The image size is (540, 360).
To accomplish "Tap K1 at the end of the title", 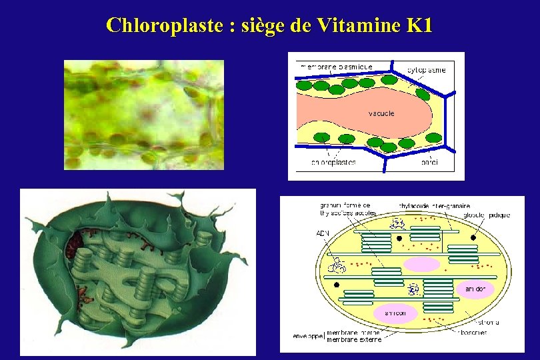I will (418, 25).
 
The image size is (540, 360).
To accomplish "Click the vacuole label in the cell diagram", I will (381, 113).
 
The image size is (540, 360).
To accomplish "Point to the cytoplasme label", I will (427, 70).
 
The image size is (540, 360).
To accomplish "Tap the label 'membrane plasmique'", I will (337, 67).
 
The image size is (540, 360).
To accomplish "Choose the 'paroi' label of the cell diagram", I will (429, 162).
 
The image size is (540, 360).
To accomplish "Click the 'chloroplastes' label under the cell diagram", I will (333, 162).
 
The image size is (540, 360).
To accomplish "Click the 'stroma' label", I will (489, 322).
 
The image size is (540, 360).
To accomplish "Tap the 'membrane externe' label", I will (354, 339).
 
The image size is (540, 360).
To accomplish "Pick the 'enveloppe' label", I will (309, 336).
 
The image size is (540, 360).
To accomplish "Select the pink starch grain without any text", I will (422, 265).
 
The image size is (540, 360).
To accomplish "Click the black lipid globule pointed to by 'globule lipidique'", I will (473, 237).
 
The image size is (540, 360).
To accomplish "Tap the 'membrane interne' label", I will (353, 332).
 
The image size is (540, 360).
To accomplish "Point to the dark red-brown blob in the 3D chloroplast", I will (73, 243).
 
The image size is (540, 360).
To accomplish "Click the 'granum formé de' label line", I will (345, 205).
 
